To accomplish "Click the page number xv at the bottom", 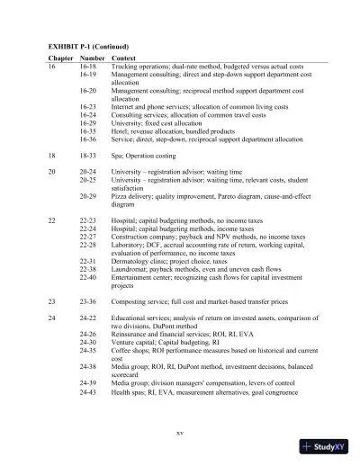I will click(x=180, y=433).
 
